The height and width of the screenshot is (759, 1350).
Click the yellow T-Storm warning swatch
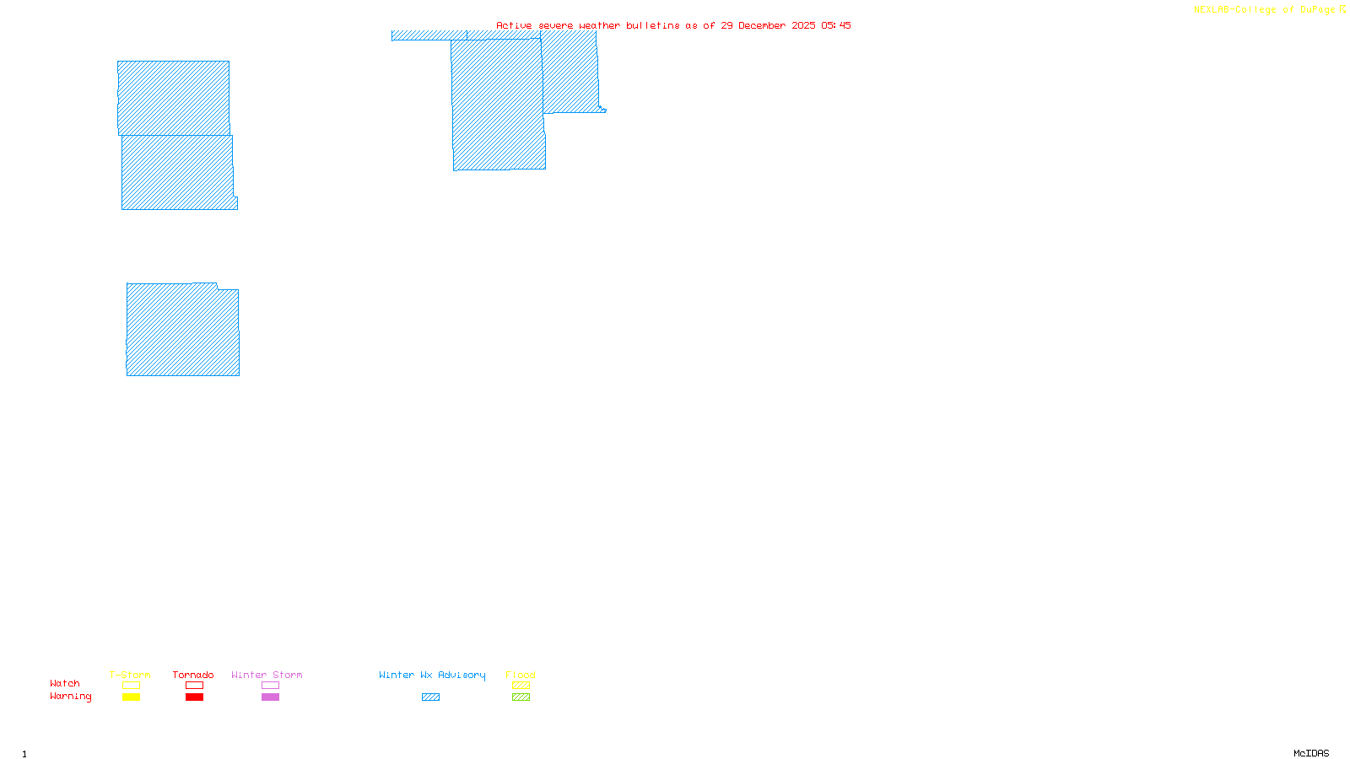[x=131, y=697]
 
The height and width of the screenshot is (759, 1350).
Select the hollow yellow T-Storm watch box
[x=131, y=686]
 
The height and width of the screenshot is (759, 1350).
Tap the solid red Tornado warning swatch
[x=194, y=697]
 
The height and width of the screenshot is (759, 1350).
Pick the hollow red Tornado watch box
[x=194, y=686]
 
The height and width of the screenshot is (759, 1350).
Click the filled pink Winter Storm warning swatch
[x=270, y=697]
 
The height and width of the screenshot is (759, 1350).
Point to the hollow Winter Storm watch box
[x=270, y=686]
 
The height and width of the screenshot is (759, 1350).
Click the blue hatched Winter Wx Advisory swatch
[x=430, y=697]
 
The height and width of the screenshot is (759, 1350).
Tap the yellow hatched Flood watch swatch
[x=521, y=686]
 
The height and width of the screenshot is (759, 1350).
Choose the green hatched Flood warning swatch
[x=521, y=697]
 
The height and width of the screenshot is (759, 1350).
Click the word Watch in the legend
[x=65, y=683]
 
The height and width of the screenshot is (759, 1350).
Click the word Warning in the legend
[x=70, y=697]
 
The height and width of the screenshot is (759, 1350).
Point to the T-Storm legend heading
[x=130, y=675]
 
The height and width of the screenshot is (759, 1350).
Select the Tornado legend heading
[x=193, y=675]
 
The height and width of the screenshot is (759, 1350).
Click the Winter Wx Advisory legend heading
[x=432, y=675]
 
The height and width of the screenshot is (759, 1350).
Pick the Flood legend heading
[x=521, y=675]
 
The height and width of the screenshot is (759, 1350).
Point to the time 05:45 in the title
[x=835, y=25]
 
